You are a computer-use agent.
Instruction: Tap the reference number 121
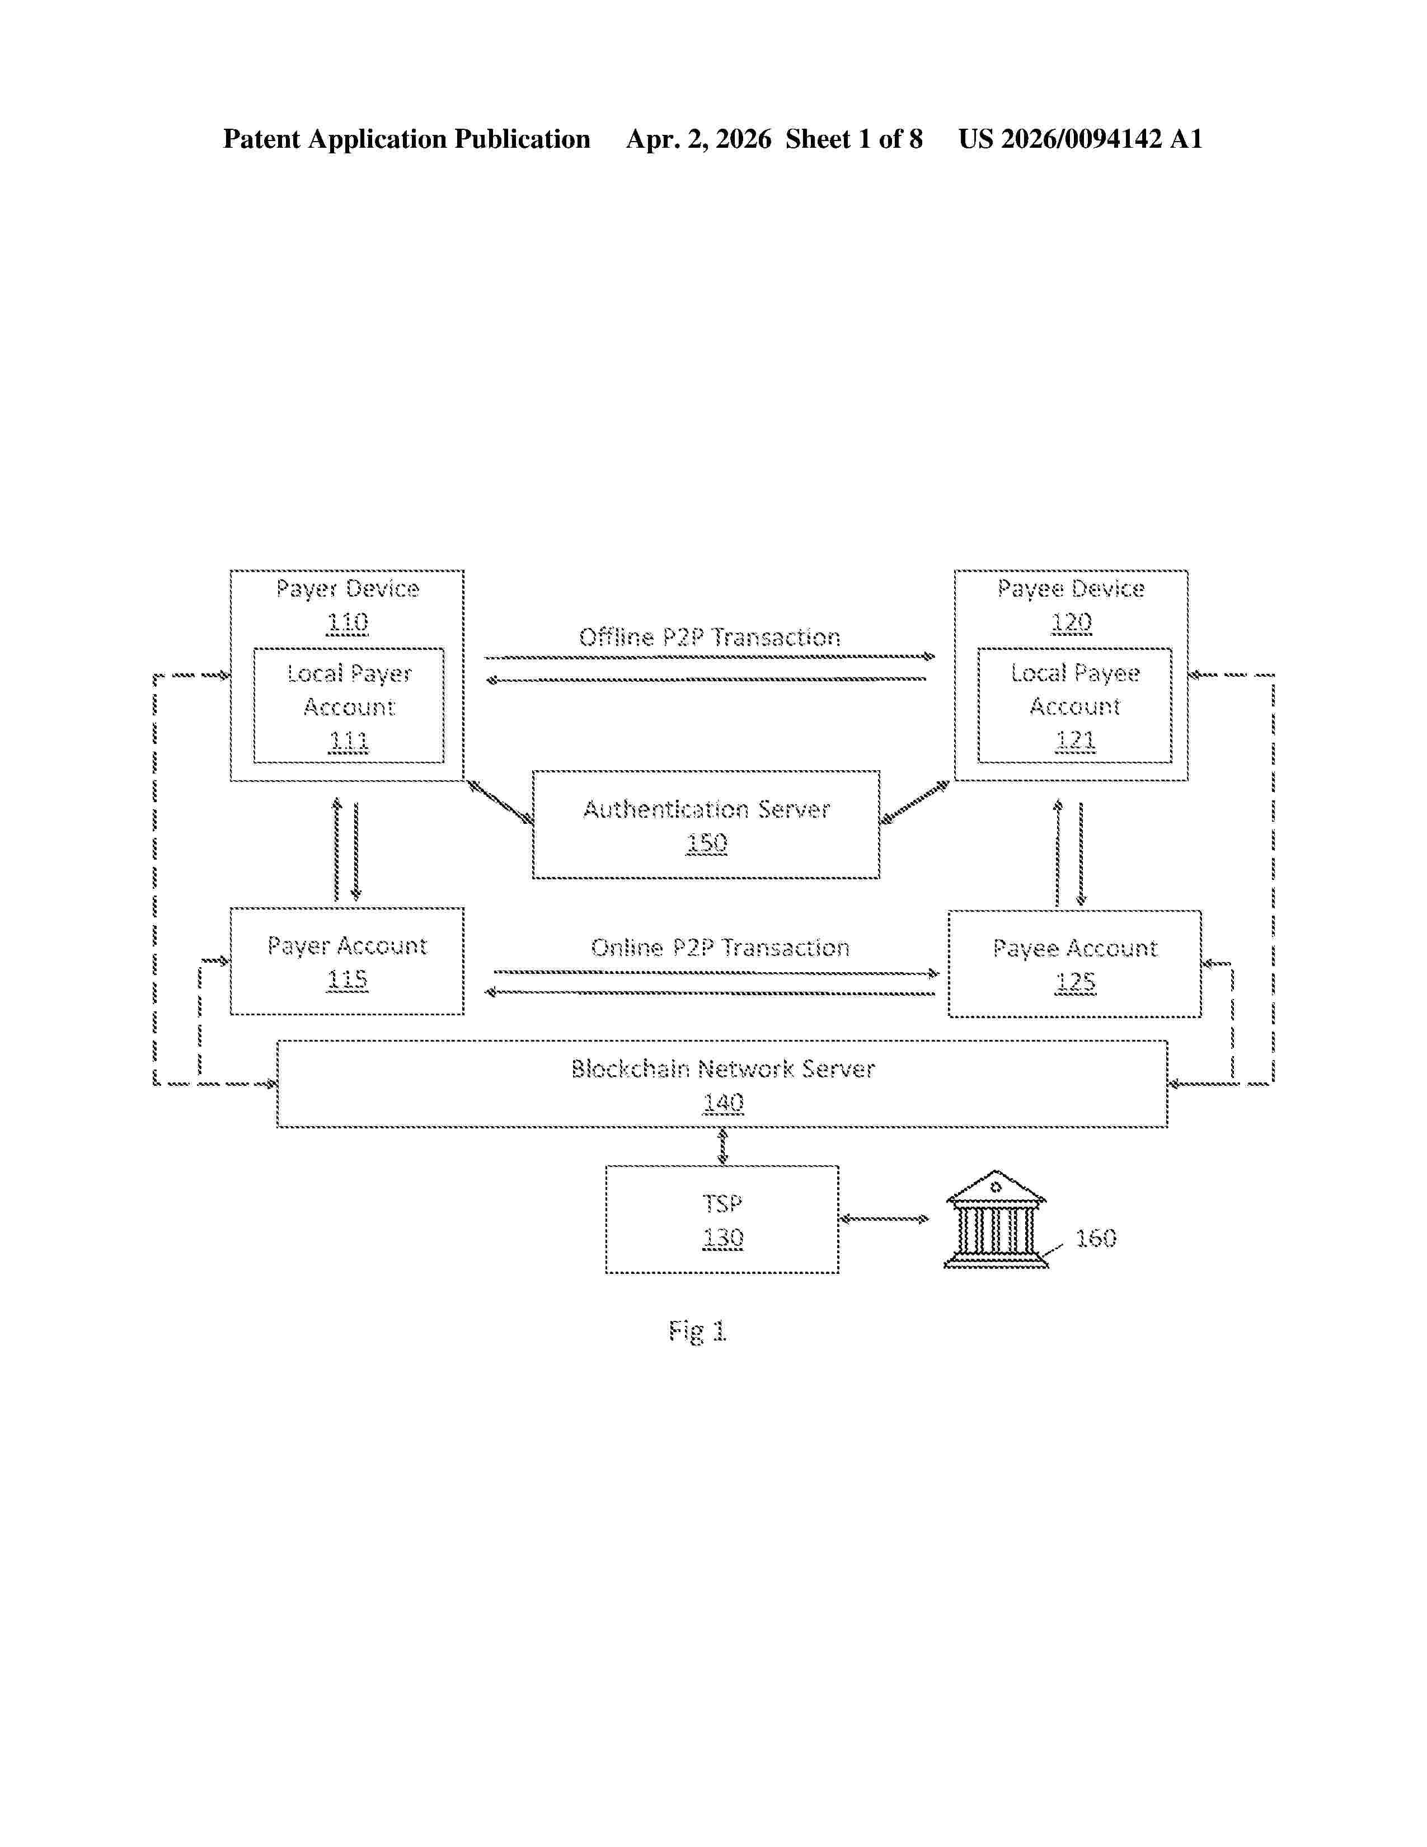click(x=1076, y=741)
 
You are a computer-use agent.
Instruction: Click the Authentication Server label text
click(x=707, y=809)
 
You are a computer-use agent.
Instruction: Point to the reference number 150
click(x=707, y=843)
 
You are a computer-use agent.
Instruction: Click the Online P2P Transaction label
click(x=720, y=947)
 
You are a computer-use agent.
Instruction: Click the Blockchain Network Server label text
click(x=723, y=1069)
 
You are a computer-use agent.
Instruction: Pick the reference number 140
click(x=724, y=1103)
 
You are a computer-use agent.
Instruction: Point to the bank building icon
click(x=996, y=1220)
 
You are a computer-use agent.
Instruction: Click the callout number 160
click(x=1096, y=1238)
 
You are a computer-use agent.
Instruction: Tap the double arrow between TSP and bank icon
click(x=884, y=1218)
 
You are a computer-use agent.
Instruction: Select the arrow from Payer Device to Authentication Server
click(x=500, y=801)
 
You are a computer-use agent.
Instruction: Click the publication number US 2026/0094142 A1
click(x=1081, y=139)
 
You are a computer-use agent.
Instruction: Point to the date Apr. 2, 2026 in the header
click(x=698, y=139)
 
